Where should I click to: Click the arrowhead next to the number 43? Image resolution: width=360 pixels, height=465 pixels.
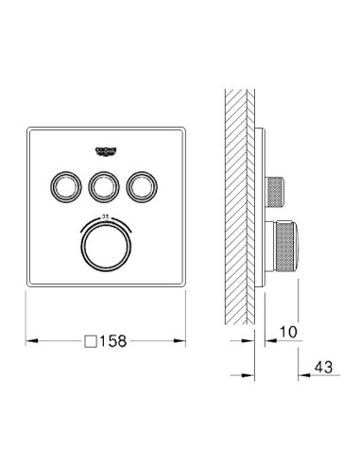click(303, 371)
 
